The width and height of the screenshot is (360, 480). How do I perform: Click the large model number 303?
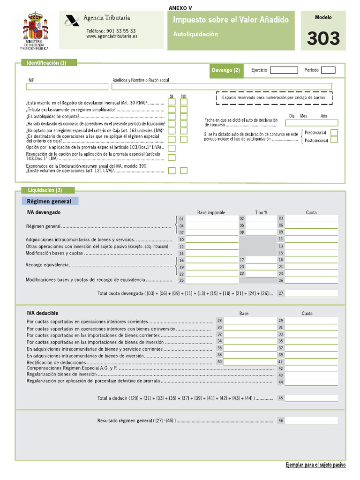click(x=323, y=38)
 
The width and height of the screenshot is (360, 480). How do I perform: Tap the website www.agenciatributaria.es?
click(x=111, y=36)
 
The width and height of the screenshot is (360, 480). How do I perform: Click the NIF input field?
click(x=67, y=86)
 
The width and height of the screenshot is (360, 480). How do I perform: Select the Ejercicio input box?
click(x=284, y=70)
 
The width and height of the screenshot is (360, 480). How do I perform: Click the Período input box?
click(x=328, y=70)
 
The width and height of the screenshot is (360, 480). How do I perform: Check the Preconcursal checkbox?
click(x=334, y=133)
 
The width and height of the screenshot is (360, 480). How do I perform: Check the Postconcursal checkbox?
click(x=334, y=140)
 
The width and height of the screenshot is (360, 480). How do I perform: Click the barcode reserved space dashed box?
click(x=274, y=97)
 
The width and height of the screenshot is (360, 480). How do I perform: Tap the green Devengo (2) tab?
click(x=226, y=70)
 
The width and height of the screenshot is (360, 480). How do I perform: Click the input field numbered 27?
click(x=311, y=293)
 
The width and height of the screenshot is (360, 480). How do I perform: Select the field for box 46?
click(x=311, y=420)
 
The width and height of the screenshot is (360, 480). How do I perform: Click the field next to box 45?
click(x=311, y=398)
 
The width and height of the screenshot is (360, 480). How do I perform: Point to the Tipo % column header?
click(x=262, y=212)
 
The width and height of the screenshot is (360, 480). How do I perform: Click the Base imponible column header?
click(x=211, y=212)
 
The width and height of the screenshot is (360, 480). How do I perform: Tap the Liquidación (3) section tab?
click(x=45, y=190)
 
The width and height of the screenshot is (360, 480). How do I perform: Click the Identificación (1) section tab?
click(x=46, y=62)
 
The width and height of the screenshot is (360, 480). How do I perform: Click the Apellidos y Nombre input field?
click(x=221, y=86)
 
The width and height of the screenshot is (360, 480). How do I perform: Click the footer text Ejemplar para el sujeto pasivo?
click(x=315, y=465)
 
